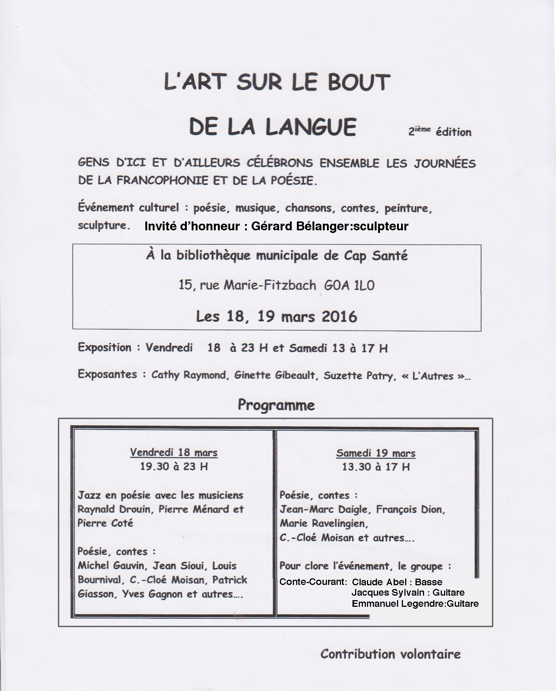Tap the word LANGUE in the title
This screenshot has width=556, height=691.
[x=311, y=127]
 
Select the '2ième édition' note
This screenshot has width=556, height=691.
[x=440, y=132]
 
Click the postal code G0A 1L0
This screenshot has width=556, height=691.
[x=349, y=285]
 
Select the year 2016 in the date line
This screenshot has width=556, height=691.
[x=339, y=317]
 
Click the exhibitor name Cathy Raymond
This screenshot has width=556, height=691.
[x=189, y=375]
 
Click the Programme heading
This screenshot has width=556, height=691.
[x=276, y=405]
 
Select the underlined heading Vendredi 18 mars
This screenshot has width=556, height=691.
[x=173, y=453]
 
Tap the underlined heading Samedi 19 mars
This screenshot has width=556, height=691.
[x=375, y=453]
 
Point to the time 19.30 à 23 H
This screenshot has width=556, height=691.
[x=173, y=466]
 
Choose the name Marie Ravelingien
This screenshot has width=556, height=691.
[x=324, y=523]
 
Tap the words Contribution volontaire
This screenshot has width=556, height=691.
[x=390, y=654]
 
